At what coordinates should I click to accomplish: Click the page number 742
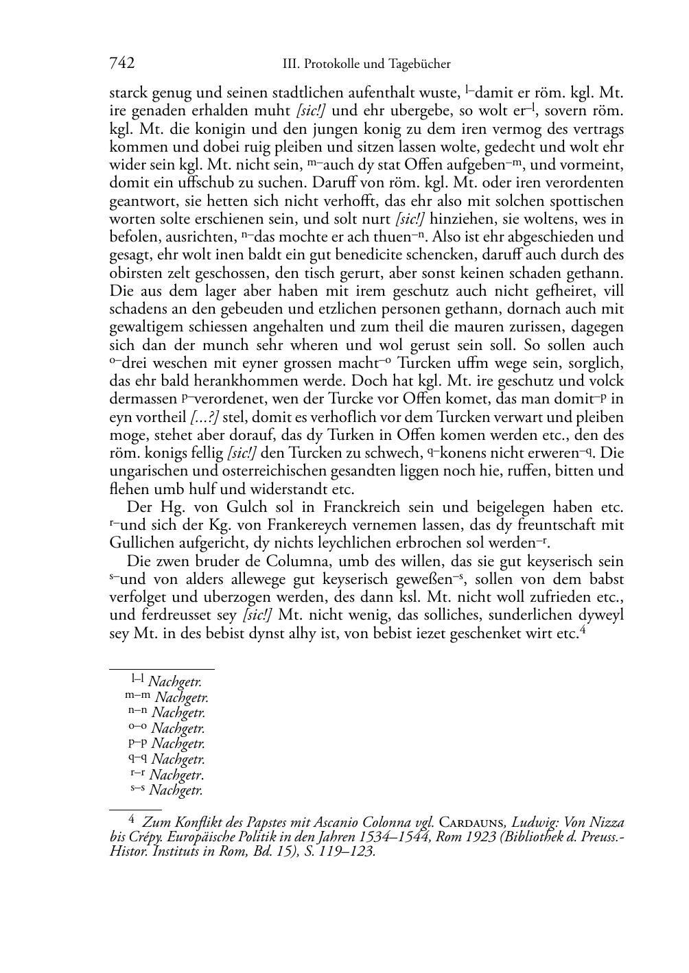click(x=121, y=64)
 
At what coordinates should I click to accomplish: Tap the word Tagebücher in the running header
click(x=419, y=65)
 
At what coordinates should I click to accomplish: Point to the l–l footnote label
click(x=137, y=679)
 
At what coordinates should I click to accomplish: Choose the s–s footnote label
click(x=137, y=789)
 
